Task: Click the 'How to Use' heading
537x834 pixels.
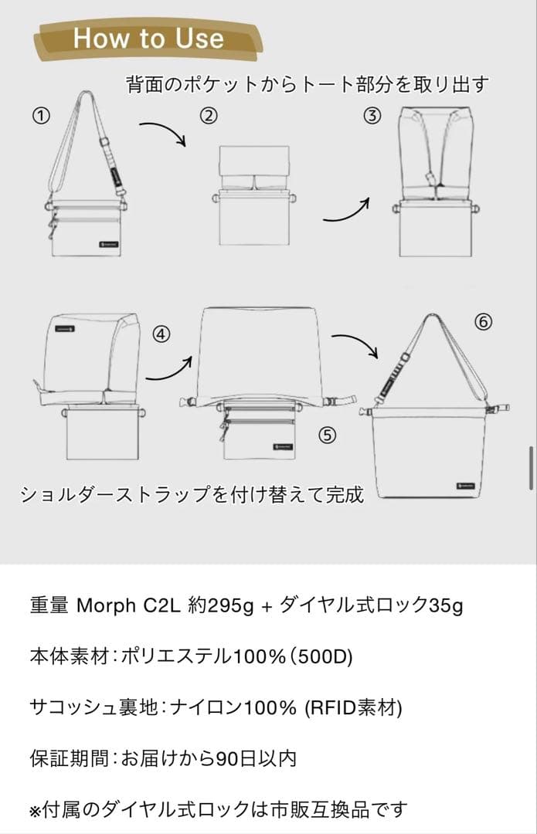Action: click(148, 38)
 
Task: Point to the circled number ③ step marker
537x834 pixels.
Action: click(373, 116)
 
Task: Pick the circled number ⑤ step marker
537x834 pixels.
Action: click(328, 435)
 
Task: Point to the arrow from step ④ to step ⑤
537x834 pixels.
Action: click(168, 368)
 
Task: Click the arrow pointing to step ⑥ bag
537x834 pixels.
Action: click(356, 344)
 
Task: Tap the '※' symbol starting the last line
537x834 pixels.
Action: click(34, 810)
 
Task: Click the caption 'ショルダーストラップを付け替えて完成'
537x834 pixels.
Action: click(192, 494)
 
